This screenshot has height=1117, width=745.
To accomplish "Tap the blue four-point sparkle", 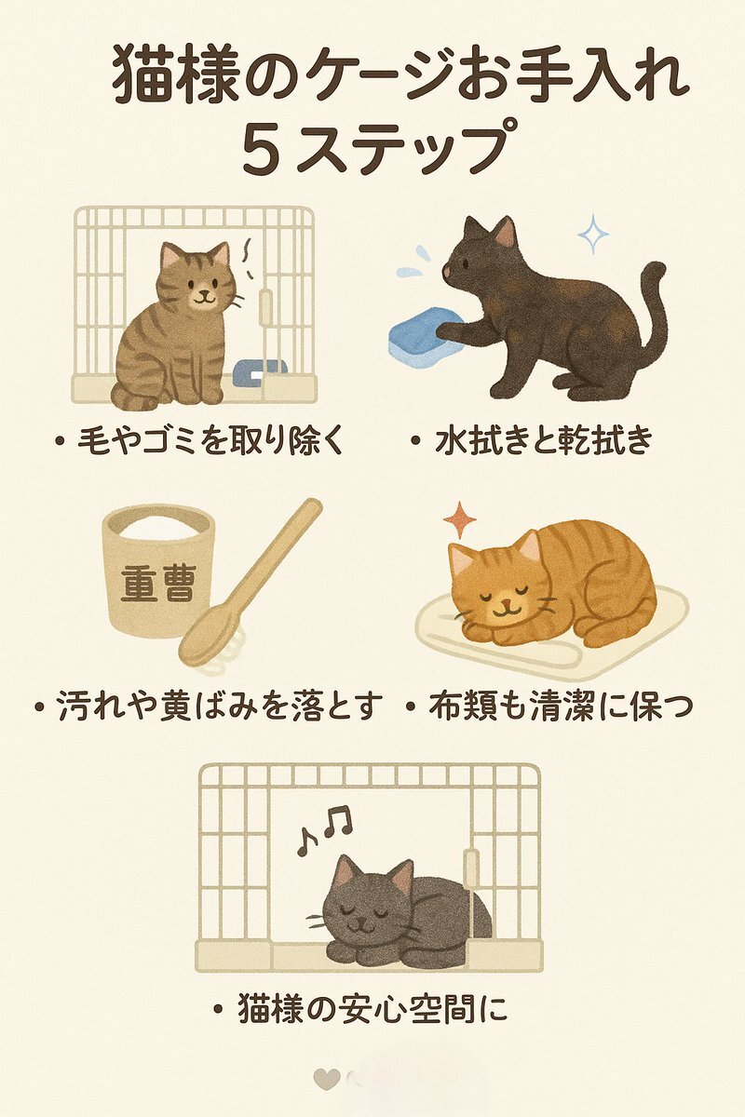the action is pos(593,234).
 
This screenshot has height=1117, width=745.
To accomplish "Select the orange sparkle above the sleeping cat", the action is pos(460,520).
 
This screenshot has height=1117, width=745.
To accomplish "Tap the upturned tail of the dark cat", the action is pos(654,309).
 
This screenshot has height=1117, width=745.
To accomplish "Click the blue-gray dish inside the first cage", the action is pos(260,372).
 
